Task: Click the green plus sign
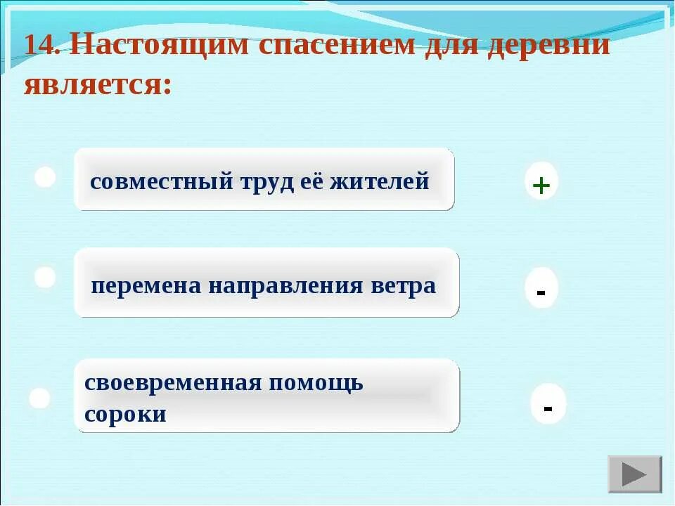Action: click(x=541, y=186)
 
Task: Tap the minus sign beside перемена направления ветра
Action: click(x=541, y=290)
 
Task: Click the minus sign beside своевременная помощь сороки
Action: click(x=548, y=407)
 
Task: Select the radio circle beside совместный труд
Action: click(x=46, y=177)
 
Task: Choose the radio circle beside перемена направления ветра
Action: click(x=45, y=277)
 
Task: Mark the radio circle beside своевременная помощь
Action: click(x=40, y=398)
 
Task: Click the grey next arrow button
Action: click(x=634, y=474)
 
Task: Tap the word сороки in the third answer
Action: click(x=125, y=414)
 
